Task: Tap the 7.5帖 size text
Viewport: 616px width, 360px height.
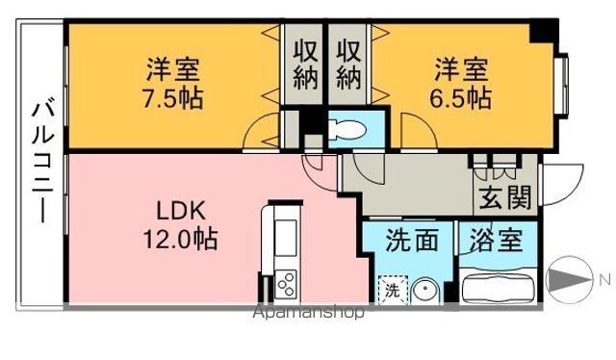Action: click(174, 98)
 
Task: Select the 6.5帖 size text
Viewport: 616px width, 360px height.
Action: click(460, 98)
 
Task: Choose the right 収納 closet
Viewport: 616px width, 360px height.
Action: click(348, 64)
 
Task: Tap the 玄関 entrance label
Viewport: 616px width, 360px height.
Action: click(504, 197)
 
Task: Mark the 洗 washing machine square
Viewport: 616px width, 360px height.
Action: click(392, 289)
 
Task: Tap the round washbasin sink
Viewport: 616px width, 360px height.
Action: click(425, 289)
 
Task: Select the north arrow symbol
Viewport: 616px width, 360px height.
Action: click(568, 280)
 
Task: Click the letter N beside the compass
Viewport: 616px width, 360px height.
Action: click(603, 280)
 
